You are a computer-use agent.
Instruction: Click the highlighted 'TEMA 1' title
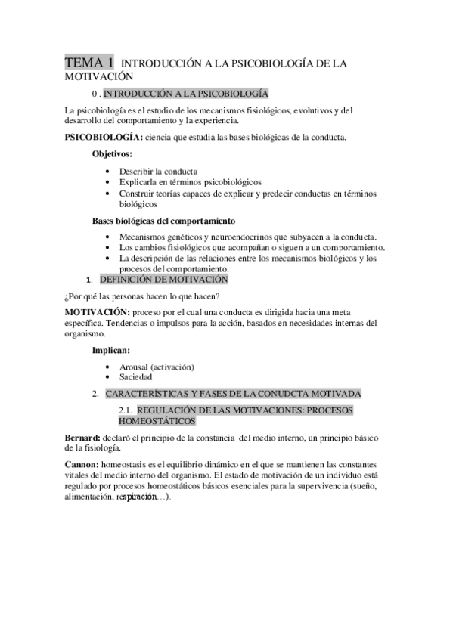(x=90, y=63)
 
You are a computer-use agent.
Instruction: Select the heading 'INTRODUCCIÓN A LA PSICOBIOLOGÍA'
(x=185, y=94)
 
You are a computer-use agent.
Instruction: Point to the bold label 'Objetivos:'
(x=112, y=153)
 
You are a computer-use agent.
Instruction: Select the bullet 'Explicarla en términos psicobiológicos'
(x=190, y=182)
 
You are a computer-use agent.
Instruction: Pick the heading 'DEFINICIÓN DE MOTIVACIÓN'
(x=163, y=280)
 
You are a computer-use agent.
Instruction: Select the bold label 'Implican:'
(x=110, y=350)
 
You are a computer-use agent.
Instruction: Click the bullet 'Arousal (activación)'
(x=157, y=367)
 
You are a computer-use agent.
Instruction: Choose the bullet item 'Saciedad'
(x=136, y=376)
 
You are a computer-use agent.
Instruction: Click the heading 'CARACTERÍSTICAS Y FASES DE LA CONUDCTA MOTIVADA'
(x=233, y=393)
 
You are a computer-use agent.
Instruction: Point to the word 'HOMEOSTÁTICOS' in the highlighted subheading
(x=157, y=420)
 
